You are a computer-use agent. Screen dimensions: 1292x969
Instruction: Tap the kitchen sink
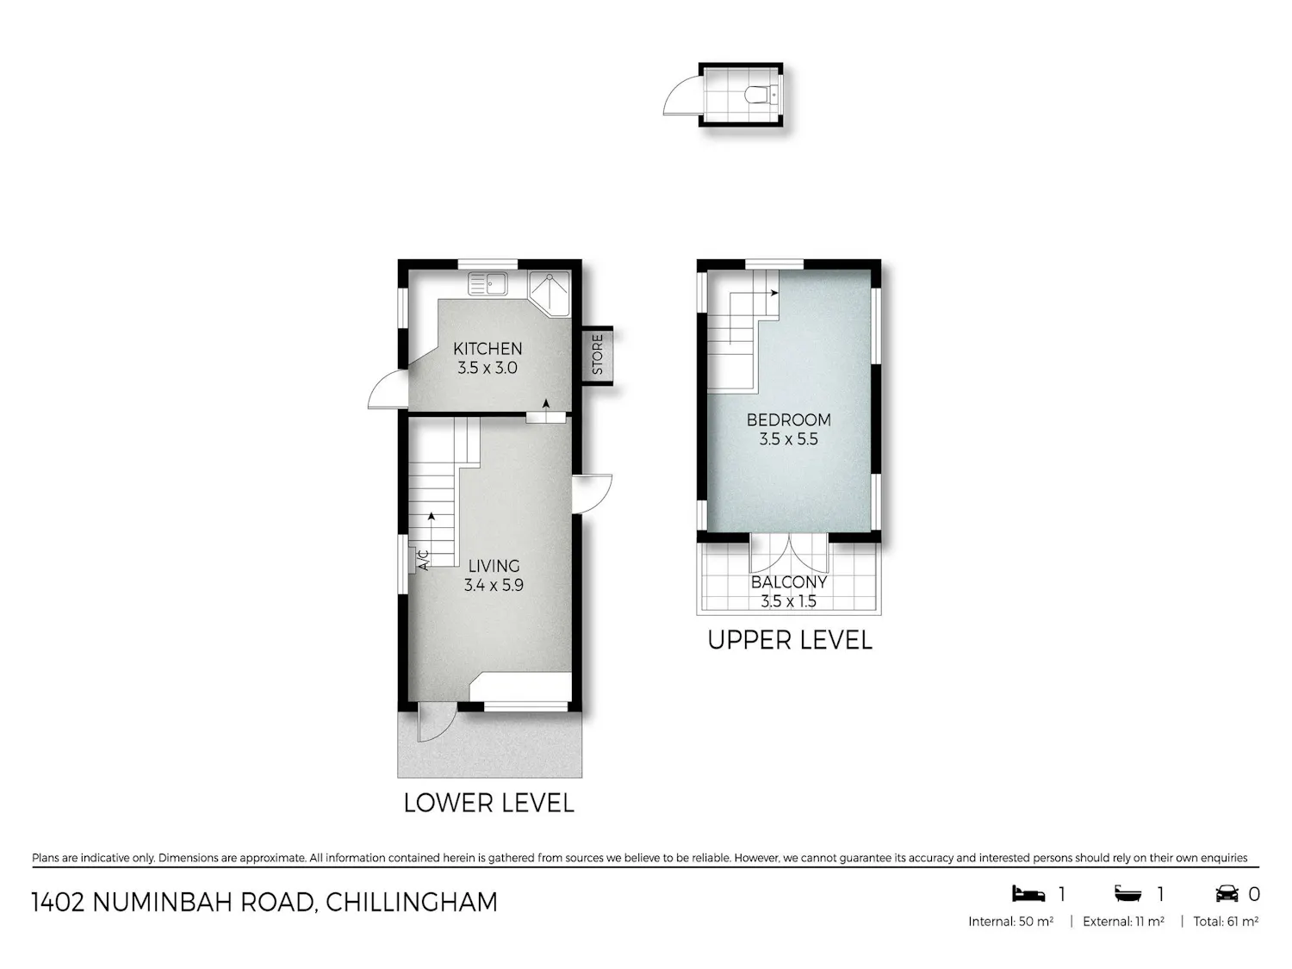(488, 283)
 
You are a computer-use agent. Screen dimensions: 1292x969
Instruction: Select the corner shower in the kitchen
(550, 294)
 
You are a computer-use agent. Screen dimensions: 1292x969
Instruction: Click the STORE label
(598, 355)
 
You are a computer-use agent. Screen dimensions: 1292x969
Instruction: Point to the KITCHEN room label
(488, 349)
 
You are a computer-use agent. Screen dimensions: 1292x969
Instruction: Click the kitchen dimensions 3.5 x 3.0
(488, 369)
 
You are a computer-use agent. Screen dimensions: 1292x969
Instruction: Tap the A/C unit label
(423, 560)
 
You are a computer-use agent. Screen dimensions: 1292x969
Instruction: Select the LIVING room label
(494, 566)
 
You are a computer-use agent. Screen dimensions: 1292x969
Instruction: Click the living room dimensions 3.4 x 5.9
(494, 586)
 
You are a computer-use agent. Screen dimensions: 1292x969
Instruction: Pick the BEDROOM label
(789, 420)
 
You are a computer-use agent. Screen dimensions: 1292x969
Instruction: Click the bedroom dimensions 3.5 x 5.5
(789, 439)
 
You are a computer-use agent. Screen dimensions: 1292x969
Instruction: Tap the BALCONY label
(789, 582)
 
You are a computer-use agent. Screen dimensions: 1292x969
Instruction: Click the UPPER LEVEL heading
(789, 641)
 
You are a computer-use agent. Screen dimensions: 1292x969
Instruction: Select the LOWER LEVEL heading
(488, 804)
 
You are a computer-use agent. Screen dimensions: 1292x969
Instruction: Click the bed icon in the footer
(1028, 894)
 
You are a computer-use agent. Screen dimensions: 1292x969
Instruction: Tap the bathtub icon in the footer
(1127, 894)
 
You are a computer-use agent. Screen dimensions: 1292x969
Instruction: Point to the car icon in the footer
(1227, 894)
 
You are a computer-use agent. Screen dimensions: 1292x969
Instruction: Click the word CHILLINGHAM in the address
(412, 903)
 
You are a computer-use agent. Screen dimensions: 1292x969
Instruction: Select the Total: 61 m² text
(1226, 922)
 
